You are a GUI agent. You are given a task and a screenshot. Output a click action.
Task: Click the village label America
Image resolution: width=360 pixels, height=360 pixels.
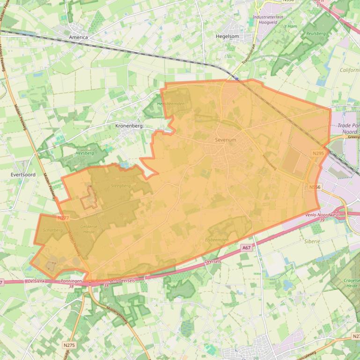coord(78,37)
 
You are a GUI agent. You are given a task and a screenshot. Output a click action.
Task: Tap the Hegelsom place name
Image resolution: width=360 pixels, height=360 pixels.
coord(228,36)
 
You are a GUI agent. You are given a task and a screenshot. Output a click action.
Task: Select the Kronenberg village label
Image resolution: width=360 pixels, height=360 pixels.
coord(129,126)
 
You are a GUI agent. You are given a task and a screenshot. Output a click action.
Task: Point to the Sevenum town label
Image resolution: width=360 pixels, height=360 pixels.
coord(226,140)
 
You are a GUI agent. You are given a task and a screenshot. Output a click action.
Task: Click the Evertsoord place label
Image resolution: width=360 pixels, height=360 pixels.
coord(22,174)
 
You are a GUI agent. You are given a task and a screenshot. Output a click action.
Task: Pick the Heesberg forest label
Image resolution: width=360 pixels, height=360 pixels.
coord(85,153)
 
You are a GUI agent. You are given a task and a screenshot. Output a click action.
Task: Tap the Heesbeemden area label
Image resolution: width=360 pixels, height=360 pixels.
coord(171,103)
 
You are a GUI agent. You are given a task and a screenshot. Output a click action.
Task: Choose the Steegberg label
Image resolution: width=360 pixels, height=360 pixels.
coord(121,185)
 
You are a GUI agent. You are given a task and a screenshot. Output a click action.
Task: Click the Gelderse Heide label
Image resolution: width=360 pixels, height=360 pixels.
coord(89,229)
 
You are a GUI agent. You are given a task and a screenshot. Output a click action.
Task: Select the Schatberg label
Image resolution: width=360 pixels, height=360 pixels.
coord(52,230)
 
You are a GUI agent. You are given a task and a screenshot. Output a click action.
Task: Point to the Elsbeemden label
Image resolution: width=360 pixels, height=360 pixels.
coord(217,239)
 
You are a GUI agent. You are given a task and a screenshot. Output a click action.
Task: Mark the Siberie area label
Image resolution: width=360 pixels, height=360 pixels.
coord(312,241)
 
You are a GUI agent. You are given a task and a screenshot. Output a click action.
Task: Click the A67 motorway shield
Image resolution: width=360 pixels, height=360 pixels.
coord(246,247)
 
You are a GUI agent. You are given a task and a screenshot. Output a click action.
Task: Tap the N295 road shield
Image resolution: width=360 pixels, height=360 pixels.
coord(318,153)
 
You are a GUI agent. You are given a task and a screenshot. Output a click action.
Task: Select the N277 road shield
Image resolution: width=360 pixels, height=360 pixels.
coord(63,218)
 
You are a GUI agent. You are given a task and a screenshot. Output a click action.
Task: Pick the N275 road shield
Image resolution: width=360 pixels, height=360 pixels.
coord(69,345)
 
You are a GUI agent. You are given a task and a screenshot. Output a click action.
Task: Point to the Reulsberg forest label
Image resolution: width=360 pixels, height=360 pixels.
coord(315,34)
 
